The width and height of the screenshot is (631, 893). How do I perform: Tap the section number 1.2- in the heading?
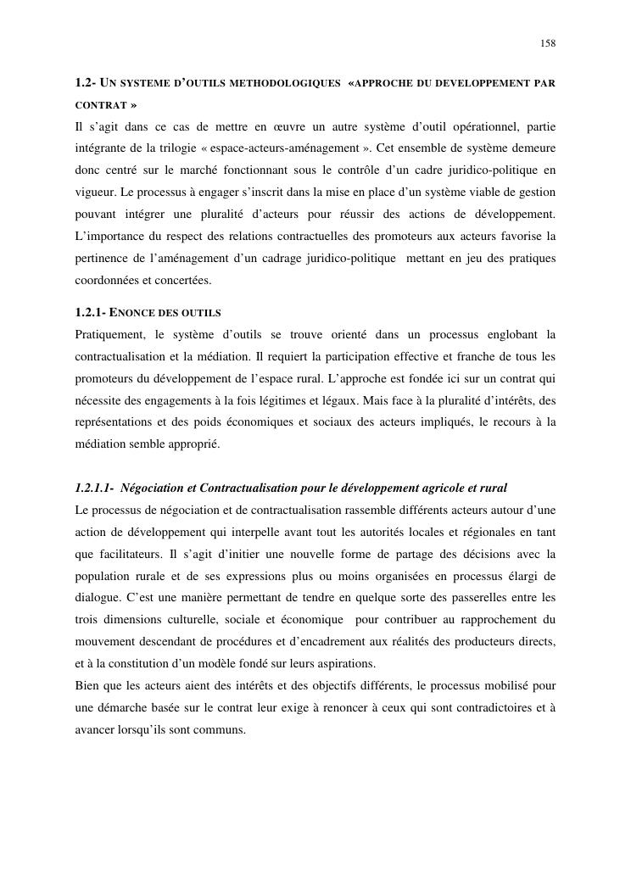coord(86,84)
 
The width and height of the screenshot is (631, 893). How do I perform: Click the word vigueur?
coord(93,193)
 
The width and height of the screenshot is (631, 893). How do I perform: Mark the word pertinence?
coord(103,260)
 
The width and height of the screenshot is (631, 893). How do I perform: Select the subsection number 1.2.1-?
coord(91,313)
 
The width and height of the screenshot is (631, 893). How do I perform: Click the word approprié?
coord(193,444)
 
